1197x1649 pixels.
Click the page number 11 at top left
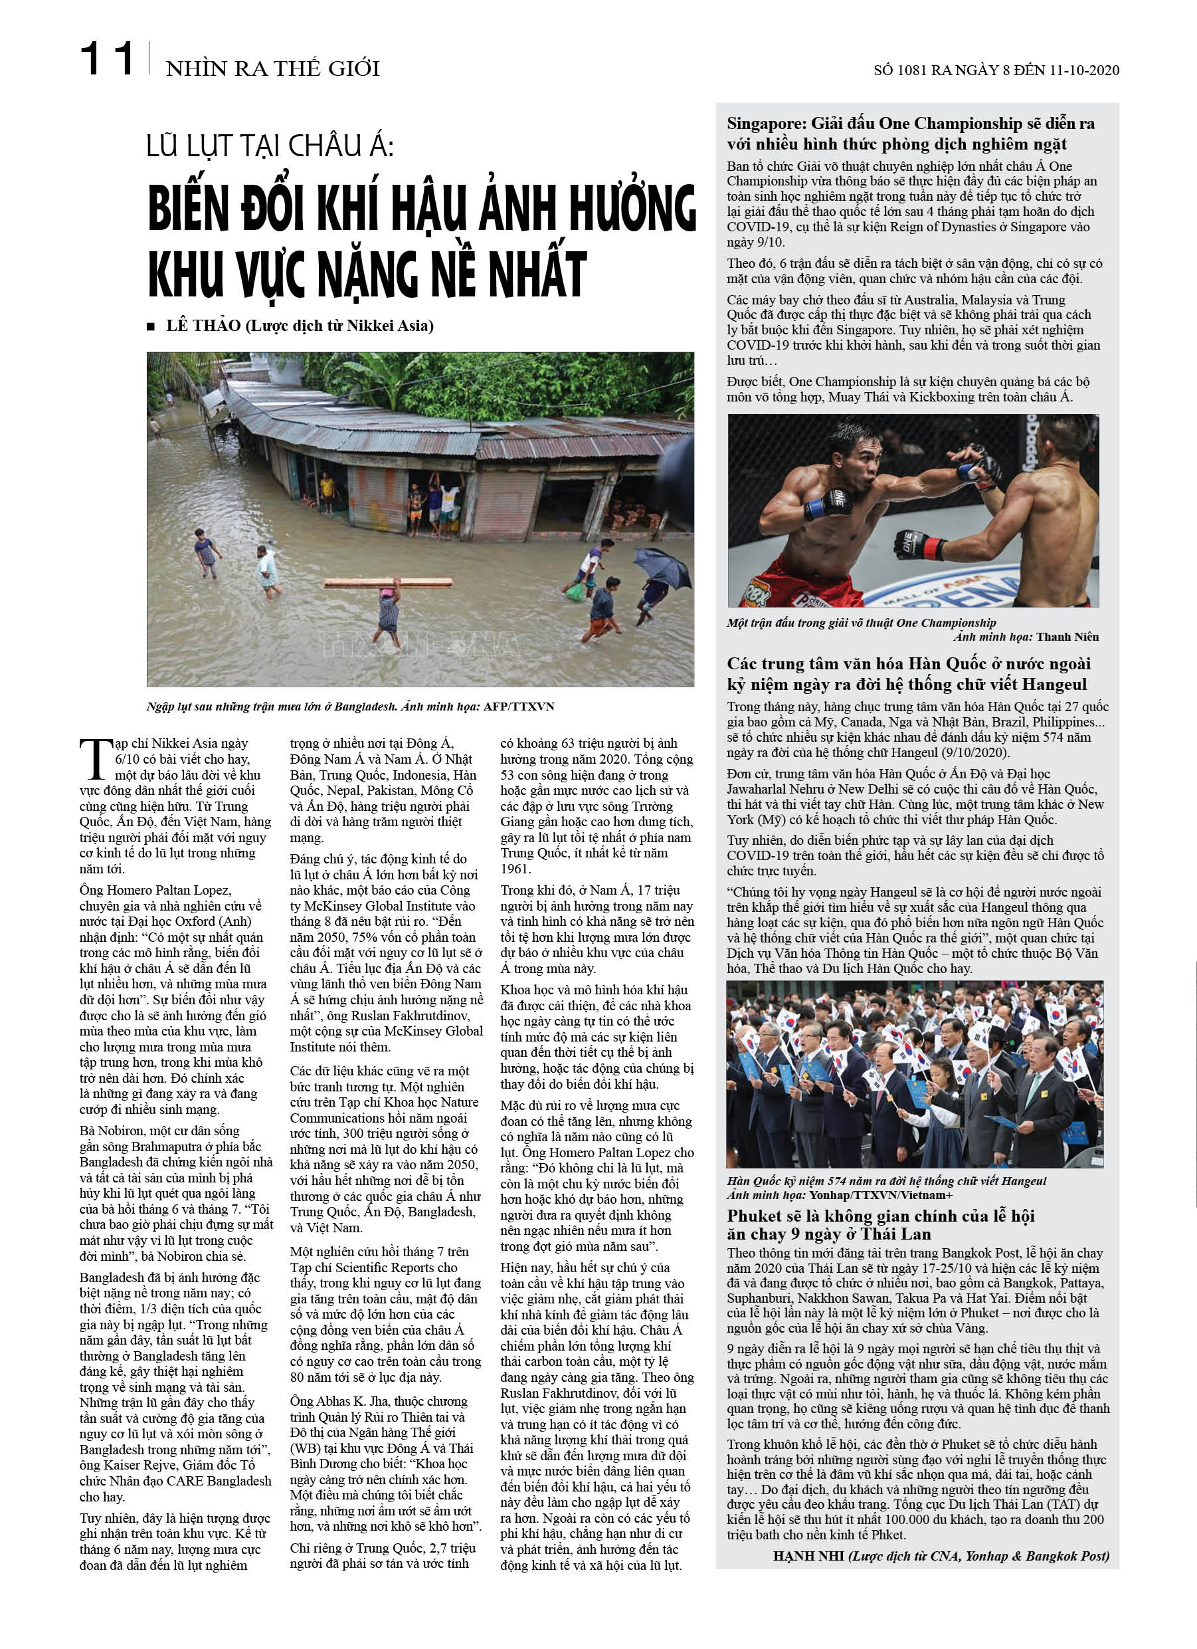[x=107, y=59]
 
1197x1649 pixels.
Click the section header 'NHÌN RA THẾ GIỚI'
[x=272, y=68]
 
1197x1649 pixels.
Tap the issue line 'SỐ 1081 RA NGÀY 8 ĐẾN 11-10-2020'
[x=996, y=70]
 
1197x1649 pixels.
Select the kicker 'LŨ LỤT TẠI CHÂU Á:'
[x=270, y=147]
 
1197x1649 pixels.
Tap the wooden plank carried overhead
[x=388, y=582]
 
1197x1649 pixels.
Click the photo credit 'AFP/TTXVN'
[x=519, y=706]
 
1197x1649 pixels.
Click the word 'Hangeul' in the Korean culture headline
[x=1050, y=684]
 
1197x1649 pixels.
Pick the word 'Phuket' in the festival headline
[x=756, y=1216]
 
